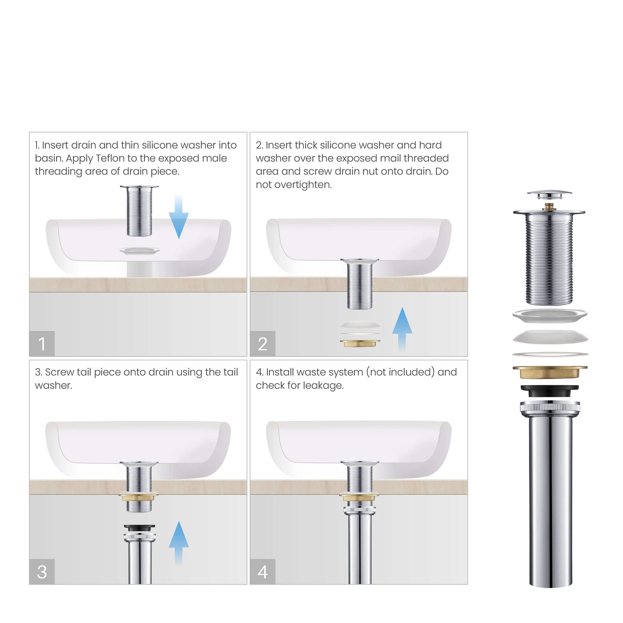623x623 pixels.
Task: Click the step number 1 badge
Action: [x=42, y=344]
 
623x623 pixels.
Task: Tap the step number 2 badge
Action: [x=263, y=344]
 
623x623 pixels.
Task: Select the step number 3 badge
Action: [x=42, y=572]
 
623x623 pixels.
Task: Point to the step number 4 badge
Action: [x=263, y=572]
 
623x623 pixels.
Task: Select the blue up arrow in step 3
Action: [x=178, y=542]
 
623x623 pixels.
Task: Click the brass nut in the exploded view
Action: [x=550, y=372]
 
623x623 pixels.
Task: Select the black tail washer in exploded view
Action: [x=550, y=391]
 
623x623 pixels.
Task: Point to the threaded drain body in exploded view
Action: [x=549, y=259]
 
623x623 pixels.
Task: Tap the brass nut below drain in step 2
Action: [x=360, y=344]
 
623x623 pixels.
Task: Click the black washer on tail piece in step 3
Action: [x=139, y=528]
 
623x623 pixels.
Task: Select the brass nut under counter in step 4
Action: [x=360, y=498]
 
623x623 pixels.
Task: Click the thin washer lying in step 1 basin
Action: [x=139, y=250]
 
